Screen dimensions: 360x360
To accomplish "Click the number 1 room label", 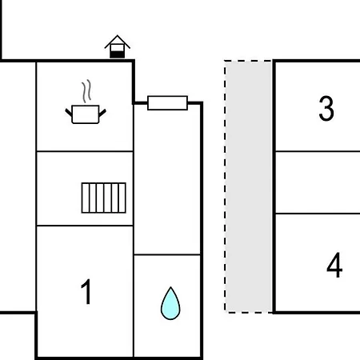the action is [86, 291].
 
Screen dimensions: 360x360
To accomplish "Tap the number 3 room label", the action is [326, 108].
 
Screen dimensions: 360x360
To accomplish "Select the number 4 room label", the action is [334, 265].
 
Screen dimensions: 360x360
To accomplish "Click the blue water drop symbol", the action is [170, 303].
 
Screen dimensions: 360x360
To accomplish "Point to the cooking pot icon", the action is [86, 114].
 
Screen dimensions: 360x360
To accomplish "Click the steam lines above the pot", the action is [86, 91].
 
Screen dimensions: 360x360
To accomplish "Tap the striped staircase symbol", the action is [104, 198].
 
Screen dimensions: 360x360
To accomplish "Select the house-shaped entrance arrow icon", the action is [118, 46].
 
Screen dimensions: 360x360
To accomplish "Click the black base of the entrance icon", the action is [118, 54].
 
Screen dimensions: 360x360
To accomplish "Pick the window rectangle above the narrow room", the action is [167, 103].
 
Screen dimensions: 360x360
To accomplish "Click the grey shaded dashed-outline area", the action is [249, 186].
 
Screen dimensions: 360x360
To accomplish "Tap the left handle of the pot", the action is [69, 113].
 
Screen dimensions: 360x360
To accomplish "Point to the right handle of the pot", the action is [102, 113].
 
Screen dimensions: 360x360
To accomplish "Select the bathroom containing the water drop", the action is [167, 306].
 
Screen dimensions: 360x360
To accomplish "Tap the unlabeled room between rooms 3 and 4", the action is [318, 182].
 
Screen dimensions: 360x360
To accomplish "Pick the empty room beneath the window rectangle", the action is [167, 179].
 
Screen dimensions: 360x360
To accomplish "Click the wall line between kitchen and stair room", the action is [85, 151].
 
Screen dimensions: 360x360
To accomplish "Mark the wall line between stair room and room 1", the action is [85, 226].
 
